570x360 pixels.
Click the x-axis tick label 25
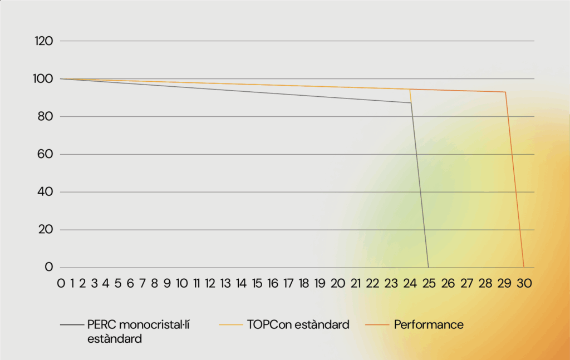[x=429, y=283]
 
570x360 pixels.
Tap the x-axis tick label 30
[x=524, y=283]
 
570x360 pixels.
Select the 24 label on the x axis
[x=410, y=283]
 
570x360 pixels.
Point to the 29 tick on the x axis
[x=504, y=283]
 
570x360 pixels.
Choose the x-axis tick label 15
[x=257, y=283]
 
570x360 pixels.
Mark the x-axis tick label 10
[x=181, y=283]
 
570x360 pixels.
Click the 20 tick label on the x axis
[x=338, y=283]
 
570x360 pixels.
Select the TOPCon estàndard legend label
[x=298, y=324]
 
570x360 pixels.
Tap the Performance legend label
[x=429, y=324]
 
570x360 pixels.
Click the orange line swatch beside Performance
[x=377, y=324]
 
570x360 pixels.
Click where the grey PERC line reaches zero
[x=428, y=267]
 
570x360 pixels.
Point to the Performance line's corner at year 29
[x=505, y=92]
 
